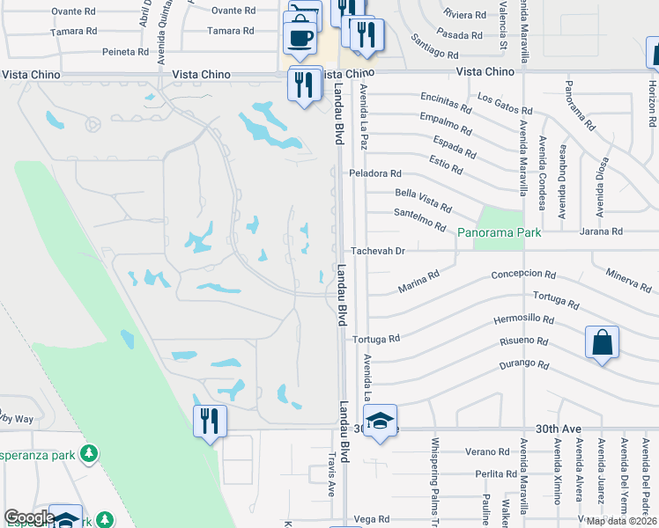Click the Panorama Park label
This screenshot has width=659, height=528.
(x=499, y=232)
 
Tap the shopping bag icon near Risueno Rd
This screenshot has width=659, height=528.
(x=602, y=341)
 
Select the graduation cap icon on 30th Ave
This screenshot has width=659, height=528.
(x=380, y=422)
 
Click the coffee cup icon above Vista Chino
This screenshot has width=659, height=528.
(x=300, y=37)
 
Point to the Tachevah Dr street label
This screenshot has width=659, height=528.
(x=377, y=251)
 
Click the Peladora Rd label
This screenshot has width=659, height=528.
(x=375, y=173)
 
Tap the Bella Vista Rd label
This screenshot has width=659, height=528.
(x=424, y=200)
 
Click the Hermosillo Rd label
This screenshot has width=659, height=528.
(x=524, y=319)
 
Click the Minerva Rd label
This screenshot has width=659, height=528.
(x=628, y=280)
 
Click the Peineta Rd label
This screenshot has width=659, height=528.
(x=124, y=52)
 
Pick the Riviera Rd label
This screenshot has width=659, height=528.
(x=465, y=15)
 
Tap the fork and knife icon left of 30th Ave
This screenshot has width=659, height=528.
(x=211, y=420)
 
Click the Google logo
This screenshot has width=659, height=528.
(x=29, y=517)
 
